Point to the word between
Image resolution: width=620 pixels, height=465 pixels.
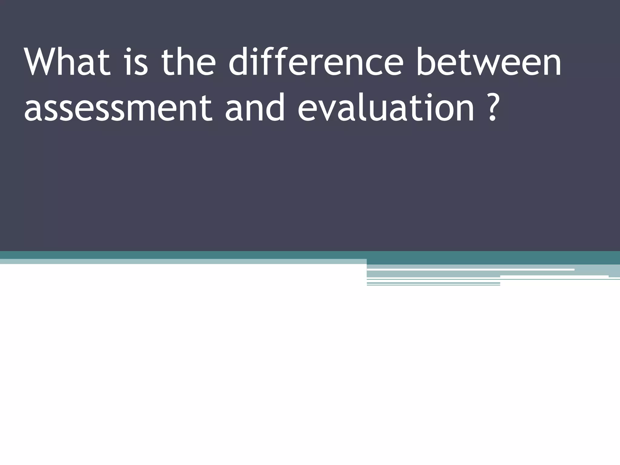489,63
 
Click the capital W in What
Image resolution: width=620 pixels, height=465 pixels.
42,63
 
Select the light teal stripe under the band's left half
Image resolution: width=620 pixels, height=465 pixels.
182,262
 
